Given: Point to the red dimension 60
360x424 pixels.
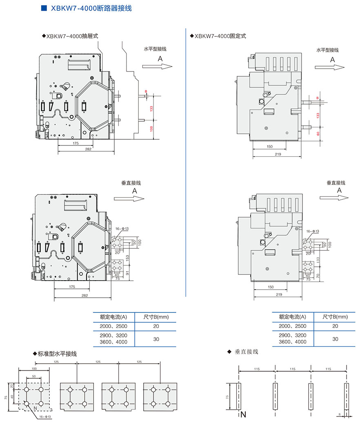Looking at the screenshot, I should (318, 134).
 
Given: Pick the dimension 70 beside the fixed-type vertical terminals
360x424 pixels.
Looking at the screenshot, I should (318, 277).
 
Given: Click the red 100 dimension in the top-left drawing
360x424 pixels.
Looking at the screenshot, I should (151, 129).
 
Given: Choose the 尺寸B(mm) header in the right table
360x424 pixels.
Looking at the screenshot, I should (335, 317).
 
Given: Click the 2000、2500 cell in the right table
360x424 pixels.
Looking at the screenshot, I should (292, 326).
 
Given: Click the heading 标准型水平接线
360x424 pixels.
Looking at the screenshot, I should (57, 354).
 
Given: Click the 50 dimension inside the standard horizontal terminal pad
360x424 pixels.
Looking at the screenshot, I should (34, 376).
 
